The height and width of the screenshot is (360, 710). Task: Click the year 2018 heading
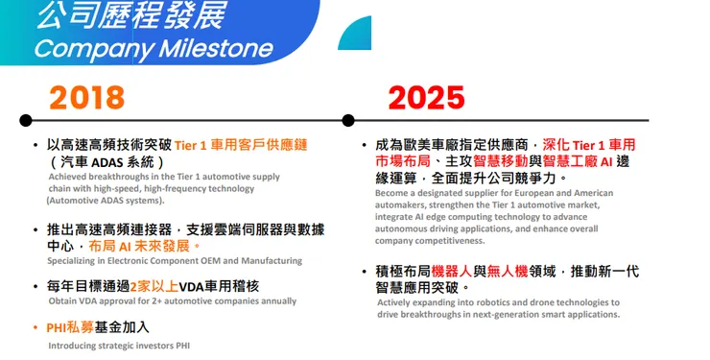pyautogui.click(x=86, y=96)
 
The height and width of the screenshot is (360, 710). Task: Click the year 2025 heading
pyautogui.click(x=425, y=96)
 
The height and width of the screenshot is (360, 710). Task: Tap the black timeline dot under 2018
pyautogui.click(x=26, y=120)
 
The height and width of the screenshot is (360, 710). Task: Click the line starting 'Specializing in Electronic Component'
pyautogui.click(x=175, y=261)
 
